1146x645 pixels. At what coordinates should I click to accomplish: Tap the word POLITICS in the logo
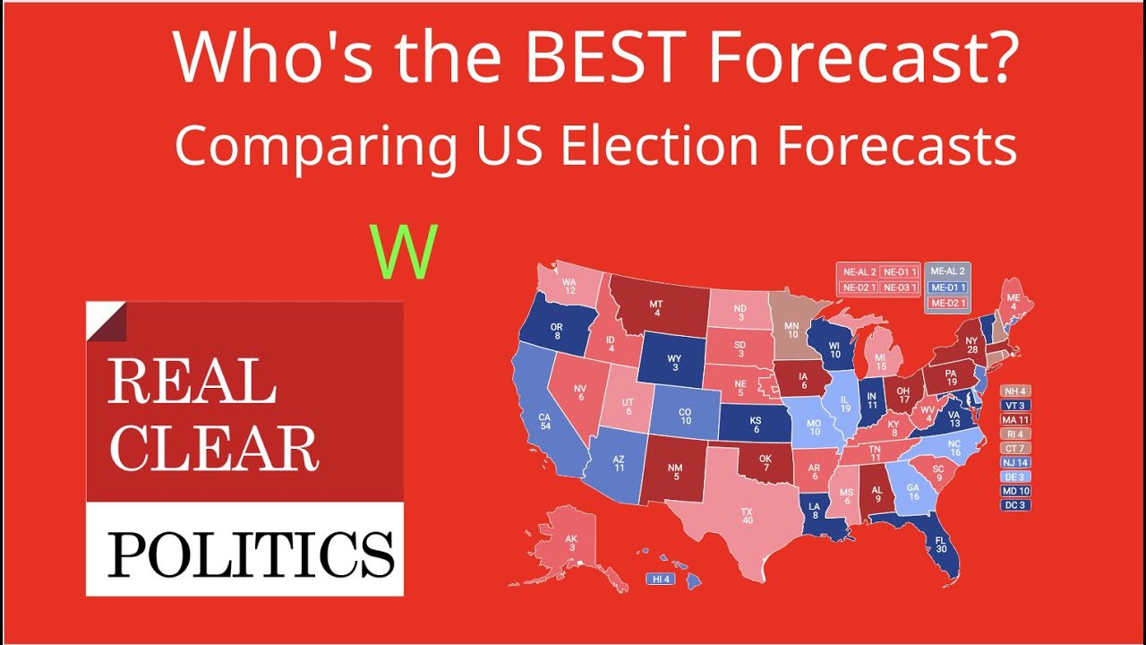pos(251,553)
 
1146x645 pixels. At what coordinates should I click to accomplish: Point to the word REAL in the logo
pos(192,383)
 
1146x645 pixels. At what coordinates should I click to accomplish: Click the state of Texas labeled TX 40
pos(746,518)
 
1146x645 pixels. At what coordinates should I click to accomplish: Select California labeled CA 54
pos(543,422)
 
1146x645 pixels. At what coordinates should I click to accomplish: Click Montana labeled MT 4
pos(657,305)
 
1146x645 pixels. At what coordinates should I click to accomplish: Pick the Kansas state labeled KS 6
pos(757,423)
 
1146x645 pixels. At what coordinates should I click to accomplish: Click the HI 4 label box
pos(661,580)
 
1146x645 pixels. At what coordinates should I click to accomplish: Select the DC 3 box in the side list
pos(1015,504)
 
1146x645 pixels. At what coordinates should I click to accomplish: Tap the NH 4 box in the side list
pos(1015,391)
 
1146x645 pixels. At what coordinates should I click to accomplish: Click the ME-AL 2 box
pos(947,271)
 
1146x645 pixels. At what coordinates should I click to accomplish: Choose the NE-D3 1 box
pos(899,287)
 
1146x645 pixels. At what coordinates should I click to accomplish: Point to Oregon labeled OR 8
pos(557,329)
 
